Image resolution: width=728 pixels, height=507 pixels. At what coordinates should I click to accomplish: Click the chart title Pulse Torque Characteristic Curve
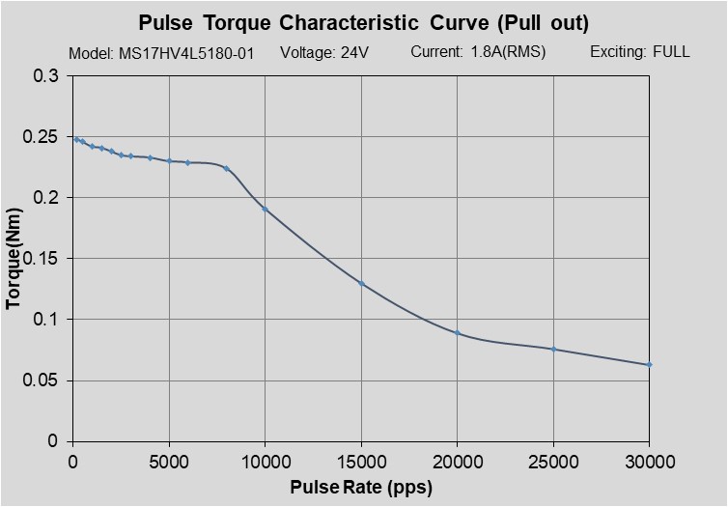click(363, 22)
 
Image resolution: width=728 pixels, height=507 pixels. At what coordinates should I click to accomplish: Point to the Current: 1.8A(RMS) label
click(478, 52)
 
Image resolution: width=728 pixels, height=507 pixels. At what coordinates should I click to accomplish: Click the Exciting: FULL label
click(639, 52)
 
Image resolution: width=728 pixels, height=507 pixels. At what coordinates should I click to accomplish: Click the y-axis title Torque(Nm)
click(14, 259)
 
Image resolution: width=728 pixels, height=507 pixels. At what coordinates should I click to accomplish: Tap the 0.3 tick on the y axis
click(46, 76)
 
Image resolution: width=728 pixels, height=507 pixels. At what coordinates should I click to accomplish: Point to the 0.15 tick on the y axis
click(42, 259)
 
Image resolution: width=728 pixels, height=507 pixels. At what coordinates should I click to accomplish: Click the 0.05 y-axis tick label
click(42, 380)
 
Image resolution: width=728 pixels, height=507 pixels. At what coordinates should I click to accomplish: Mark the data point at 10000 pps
click(265, 209)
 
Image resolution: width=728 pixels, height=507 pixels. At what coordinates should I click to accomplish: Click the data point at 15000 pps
click(361, 283)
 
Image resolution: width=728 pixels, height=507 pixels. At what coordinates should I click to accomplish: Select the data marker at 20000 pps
click(457, 332)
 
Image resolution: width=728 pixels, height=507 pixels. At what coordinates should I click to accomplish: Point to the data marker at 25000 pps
click(553, 349)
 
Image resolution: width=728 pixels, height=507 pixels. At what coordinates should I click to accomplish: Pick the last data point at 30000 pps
click(649, 364)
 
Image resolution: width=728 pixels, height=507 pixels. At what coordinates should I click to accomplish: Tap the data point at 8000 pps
click(226, 168)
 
